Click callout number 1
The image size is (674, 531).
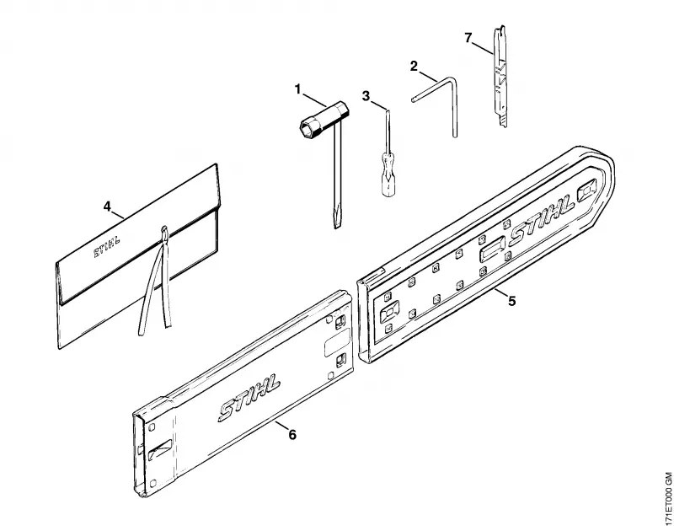tap(298, 89)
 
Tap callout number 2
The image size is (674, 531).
tap(414, 67)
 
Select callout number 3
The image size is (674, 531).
tap(366, 96)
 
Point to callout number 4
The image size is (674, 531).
tap(107, 206)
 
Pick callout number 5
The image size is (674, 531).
tap(511, 301)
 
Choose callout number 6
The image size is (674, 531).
tap(292, 435)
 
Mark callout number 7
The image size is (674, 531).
tap(468, 38)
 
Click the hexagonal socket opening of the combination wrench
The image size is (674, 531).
tap(308, 128)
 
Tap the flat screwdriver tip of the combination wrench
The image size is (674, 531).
tap(336, 220)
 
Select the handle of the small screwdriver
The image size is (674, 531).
tap(388, 177)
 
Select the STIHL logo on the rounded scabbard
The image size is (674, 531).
tap(542, 220)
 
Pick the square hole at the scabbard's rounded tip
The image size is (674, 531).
tap(587, 190)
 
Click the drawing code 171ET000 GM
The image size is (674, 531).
tap(667, 500)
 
